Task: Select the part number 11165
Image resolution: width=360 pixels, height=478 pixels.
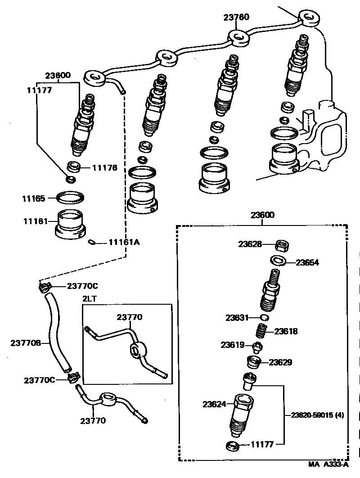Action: coord(34,198)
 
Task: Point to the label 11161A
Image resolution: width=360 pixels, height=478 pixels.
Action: coord(124,242)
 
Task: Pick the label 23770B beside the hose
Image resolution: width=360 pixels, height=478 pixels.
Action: coord(26,343)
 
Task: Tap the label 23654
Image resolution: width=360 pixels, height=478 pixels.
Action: coord(307,262)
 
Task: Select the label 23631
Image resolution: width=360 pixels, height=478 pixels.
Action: coord(237,318)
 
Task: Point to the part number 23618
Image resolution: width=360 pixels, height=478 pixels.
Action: coord(286,331)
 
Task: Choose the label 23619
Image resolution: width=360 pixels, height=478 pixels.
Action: coord(232,345)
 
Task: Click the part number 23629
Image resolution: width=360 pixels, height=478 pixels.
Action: coord(281,362)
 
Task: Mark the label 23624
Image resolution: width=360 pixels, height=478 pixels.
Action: coord(214,404)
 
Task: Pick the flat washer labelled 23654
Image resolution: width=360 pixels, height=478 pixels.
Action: coord(277,261)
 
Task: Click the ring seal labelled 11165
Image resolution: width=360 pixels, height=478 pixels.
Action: coord(71,197)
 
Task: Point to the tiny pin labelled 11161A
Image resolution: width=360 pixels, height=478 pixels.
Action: coord(92,243)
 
